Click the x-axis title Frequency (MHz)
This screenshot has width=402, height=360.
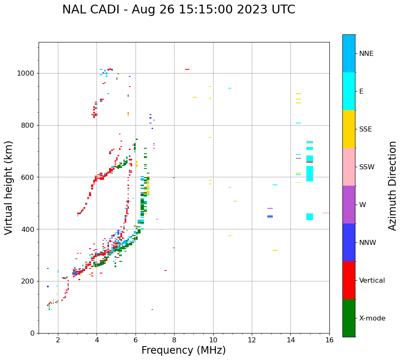coord(183,350)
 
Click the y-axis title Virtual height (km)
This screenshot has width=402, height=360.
coord(9,188)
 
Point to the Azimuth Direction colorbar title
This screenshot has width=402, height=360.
coord(392,186)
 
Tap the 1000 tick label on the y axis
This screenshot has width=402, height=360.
coord(26,74)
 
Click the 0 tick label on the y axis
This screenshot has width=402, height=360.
coord(32,333)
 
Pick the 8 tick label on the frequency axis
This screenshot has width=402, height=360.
coord(174,340)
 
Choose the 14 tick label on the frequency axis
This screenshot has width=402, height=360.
coord(290,340)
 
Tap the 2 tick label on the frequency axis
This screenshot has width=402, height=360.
coord(58,340)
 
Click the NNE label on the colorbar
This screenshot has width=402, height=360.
coord(366,54)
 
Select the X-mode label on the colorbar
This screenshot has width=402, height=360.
coord(372,318)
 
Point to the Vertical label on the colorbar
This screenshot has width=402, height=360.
coord(372,281)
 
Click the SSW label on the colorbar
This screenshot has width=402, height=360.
coord(367,167)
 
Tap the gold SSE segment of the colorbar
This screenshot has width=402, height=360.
coord(349,129)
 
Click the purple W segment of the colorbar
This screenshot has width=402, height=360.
coord(349,205)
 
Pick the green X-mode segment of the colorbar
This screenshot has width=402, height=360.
coord(349,318)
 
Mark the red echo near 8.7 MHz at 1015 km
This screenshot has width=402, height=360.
coord(187,69)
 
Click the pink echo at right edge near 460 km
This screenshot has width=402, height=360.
coord(326,213)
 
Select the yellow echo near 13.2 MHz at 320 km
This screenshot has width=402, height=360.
coord(275,250)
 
